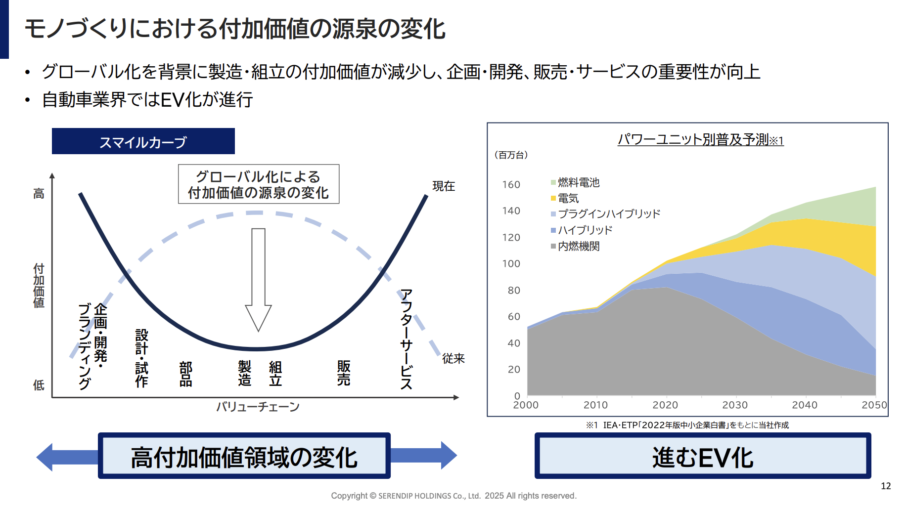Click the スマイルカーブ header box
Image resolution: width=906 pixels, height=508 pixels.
pyautogui.click(x=143, y=142)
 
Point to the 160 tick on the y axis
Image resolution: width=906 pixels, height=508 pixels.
pyautogui.click(x=511, y=185)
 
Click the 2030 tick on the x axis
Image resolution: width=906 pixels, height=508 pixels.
pyautogui.click(x=735, y=405)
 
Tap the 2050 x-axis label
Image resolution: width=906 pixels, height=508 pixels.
pyautogui.click(x=874, y=405)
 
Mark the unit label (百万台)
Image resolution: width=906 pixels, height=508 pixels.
pyautogui.click(x=511, y=155)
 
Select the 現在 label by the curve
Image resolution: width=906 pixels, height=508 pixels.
pyautogui.click(x=444, y=186)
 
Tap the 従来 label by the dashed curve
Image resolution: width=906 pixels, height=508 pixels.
pyautogui.click(x=453, y=358)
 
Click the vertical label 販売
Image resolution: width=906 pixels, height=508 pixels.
pyautogui.click(x=344, y=373)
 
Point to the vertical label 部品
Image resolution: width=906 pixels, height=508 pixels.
pyautogui.click(x=186, y=374)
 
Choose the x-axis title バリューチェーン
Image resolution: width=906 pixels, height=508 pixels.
pyautogui.click(x=258, y=407)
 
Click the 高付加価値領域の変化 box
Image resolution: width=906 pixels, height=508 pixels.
pyautogui.click(x=244, y=456)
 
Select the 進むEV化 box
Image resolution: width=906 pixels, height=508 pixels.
pyautogui.click(x=702, y=456)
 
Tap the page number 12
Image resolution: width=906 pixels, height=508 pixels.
pyautogui.click(x=886, y=486)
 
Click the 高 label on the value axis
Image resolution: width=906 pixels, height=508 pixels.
pyautogui.click(x=39, y=194)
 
